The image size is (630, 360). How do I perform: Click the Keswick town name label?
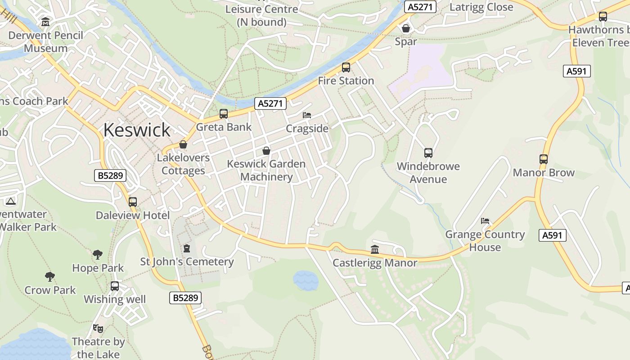pyautogui.click(x=137, y=130)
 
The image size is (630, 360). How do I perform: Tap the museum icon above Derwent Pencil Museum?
pyautogui.click(x=45, y=22)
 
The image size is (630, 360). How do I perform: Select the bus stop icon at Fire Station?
pyautogui.click(x=346, y=67)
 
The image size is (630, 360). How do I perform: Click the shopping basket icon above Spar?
pyautogui.click(x=406, y=28)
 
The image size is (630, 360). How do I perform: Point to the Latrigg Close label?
pyautogui.click(x=481, y=7)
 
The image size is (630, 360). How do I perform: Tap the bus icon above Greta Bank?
pyautogui.click(x=224, y=114)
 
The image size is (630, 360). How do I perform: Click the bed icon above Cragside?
pyautogui.click(x=307, y=115)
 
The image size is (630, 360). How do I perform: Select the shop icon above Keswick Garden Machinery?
pyautogui.click(x=266, y=150)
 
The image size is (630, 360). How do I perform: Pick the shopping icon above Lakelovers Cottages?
pyautogui.click(x=183, y=144)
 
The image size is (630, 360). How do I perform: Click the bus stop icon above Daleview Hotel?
pyautogui.click(x=133, y=202)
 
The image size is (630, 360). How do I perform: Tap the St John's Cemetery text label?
pyautogui.click(x=187, y=261)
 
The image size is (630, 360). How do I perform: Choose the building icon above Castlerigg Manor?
pyautogui.click(x=375, y=249)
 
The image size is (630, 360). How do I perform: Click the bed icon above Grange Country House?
pyautogui.click(x=485, y=221)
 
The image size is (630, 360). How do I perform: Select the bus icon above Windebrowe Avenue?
pyautogui.click(x=428, y=153)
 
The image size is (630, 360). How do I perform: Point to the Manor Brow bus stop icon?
pyautogui.click(x=544, y=159)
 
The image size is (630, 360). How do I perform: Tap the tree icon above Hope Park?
pyautogui.click(x=98, y=255)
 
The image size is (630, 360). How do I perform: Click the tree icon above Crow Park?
pyautogui.click(x=50, y=276)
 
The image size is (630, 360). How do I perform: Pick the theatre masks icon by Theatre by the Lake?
pyautogui.click(x=98, y=328)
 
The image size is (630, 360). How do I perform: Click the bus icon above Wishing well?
pyautogui.click(x=115, y=286)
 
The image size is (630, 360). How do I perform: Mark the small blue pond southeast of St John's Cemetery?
pyautogui.click(x=306, y=280)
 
